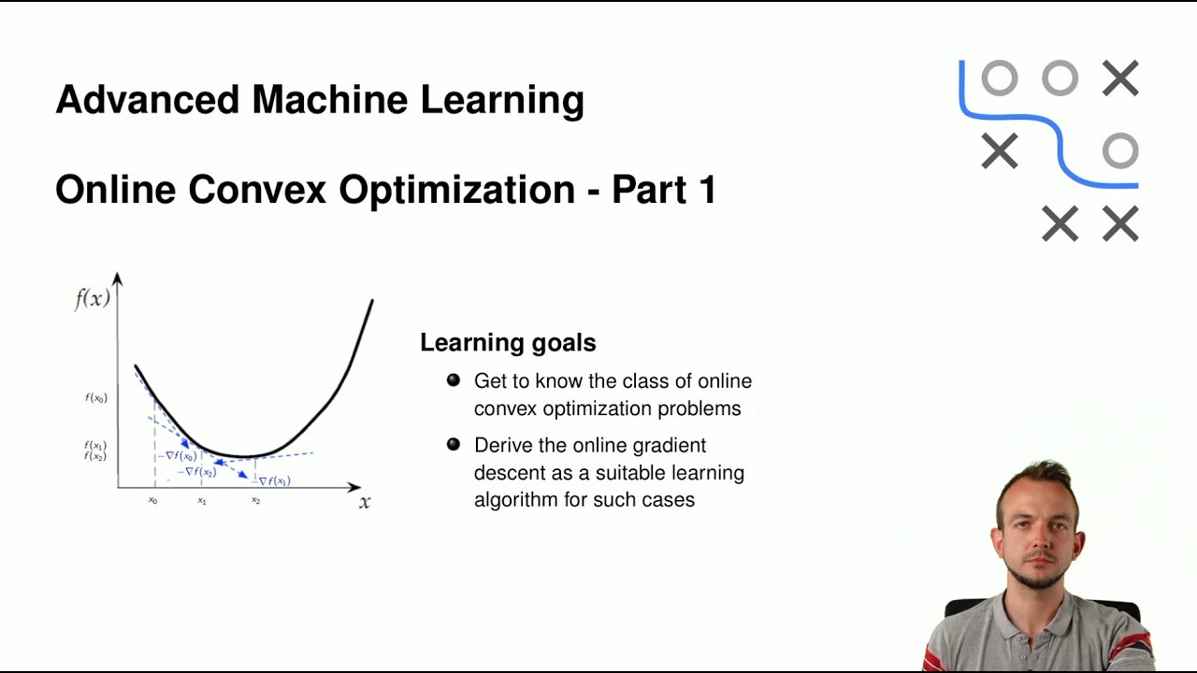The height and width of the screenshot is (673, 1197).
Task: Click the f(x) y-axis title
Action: [x=93, y=299]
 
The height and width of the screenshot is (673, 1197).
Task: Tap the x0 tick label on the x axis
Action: [x=152, y=501]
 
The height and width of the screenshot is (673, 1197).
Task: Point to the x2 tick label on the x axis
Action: [x=255, y=501]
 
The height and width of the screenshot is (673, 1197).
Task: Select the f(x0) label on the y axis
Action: [x=95, y=398]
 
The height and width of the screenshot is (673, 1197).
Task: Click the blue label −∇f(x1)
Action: [x=272, y=480]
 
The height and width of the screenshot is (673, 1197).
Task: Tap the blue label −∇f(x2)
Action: [x=197, y=472]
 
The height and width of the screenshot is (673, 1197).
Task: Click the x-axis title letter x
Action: [x=365, y=502]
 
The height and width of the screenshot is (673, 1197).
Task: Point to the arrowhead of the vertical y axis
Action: [x=118, y=278]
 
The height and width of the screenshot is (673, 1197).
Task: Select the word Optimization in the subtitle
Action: [x=456, y=190]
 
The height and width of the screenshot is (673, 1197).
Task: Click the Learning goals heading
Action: [x=508, y=343]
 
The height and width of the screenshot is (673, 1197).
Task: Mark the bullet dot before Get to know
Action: [x=454, y=380]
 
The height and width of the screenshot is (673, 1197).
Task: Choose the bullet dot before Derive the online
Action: [x=454, y=445]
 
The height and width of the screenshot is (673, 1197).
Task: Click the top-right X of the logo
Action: [x=1119, y=79]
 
